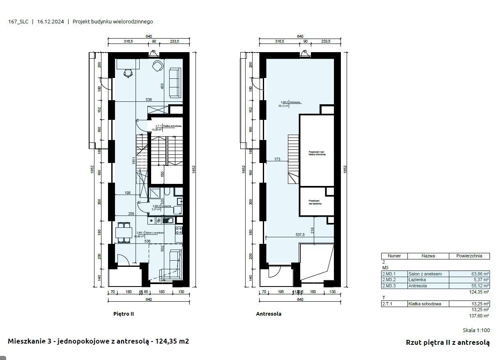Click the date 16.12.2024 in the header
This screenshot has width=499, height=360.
point(51,22)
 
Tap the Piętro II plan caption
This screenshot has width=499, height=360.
point(124,314)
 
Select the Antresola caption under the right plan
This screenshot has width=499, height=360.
point(269,314)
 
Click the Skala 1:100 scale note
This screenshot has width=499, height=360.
point(476,330)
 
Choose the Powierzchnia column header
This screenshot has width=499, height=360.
point(469,256)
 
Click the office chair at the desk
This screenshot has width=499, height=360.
point(128,73)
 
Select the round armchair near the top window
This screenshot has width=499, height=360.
point(158,66)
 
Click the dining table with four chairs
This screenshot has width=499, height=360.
point(124,232)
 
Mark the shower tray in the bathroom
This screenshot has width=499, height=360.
point(155,194)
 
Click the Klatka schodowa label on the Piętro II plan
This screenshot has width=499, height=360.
point(172,126)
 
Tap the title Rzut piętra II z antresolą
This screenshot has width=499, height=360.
point(448,342)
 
